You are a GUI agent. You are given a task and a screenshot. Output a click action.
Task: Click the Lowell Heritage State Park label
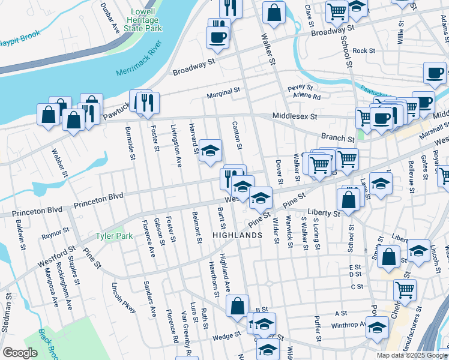point(143,20)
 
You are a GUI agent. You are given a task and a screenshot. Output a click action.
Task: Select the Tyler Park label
point(114,236)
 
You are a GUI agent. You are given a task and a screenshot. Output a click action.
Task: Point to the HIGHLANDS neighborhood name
point(237,235)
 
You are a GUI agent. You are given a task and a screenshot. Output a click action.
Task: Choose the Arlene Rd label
point(307,97)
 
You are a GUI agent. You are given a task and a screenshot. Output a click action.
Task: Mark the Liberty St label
point(324,213)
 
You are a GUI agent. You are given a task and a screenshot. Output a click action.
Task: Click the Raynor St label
point(55,234)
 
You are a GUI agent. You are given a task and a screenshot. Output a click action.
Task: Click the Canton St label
point(237,135)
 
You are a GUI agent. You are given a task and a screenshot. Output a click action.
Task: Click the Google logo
point(20,353)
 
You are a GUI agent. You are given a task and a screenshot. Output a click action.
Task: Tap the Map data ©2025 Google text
point(412,355)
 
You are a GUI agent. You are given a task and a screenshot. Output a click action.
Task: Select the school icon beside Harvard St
point(211,151)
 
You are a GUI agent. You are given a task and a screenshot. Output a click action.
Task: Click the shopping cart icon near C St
point(405,290)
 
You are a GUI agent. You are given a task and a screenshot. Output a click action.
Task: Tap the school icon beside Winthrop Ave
point(377,328)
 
